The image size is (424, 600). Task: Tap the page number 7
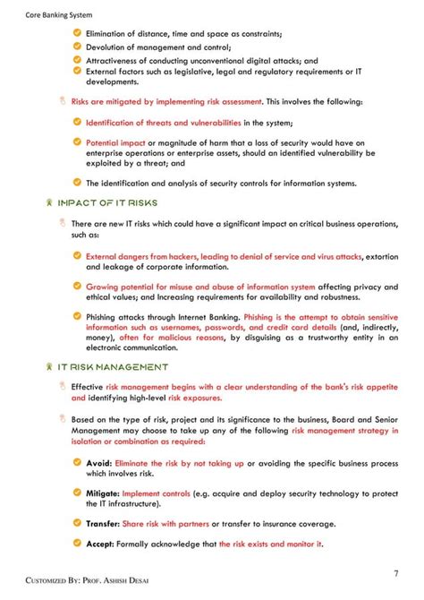(x=395, y=573)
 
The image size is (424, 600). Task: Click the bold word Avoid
(x=98, y=464)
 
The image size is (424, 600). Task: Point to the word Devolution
(x=110, y=47)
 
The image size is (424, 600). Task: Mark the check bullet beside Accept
(x=78, y=544)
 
